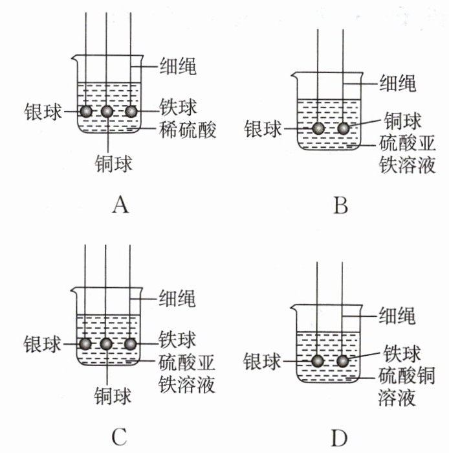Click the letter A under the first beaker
pyautogui.click(x=120, y=205)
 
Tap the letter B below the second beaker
pyautogui.click(x=340, y=205)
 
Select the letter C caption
pyautogui.click(x=120, y=437)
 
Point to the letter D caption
pyautogui.click(x=339, y=438)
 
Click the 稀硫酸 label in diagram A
pyautogui.click(x=188, y=130)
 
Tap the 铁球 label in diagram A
pyautogui.click(x=178, y=107)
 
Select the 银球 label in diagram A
pyautogui.click(x=43, y=111)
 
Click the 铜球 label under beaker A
pyautogui.click(x=113, y=163)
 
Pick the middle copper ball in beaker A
pyautogui.click(x=107, y=111)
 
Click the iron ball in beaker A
pyautogui.click(x=131, y=111)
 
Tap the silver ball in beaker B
pyautogui.click(x=318, y=128)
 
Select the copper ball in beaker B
pyautogui.click(x=343, y=128)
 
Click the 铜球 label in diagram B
pyautogui.click(x=402, y=121)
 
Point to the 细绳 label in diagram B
pyautogui.click(x=397, y=83)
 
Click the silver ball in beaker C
pyautogui.click(x=85, y=343)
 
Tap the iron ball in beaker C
pyautogui.click(x=130, y=343)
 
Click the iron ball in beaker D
pyautogui.click(x=343, y=361)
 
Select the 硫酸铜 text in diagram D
pyautogui.click(x=406, y=376)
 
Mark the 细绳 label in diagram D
pyautogui.click(x=397, y=315)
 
